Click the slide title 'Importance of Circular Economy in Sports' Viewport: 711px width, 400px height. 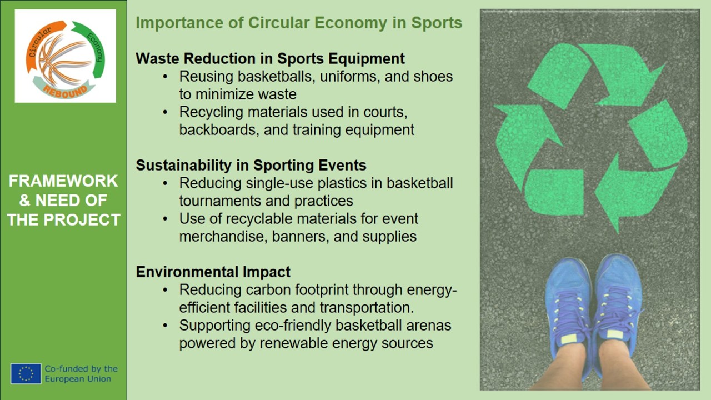click(x=299, y=23)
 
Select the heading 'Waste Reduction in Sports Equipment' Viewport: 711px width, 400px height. click(x=270, y=59)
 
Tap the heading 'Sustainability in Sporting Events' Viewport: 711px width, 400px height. click(x=251, y=166)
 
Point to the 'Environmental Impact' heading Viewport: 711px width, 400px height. click(x=213, y=272)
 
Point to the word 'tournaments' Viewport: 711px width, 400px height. click(x=219, y=201)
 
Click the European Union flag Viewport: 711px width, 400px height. click(x=26, y=374)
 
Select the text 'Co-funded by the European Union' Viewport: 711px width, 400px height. click(x=81, y=374)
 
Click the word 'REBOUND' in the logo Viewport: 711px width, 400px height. click(x=65, y=91)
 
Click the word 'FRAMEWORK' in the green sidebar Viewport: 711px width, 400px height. click(x=63, y=181)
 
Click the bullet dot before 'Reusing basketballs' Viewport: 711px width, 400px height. click(x=165, y=77)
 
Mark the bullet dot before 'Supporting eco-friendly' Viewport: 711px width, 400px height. click(x=165, y=326)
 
